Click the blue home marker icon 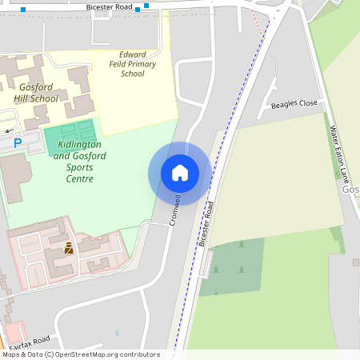tap(180, 173)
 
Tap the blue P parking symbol tap(18, 143)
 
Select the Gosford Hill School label tap(36, 93)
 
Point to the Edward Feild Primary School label tap(133, 64)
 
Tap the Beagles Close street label tap(294, 104)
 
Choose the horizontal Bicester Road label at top tap(110, 6)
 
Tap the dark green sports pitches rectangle tap(70, 136)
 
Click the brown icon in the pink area tap(69, 248)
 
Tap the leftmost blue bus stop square tap(23, 10)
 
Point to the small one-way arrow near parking tap(8, 130)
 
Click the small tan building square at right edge tap(355, 262)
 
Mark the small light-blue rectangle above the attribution tap(117, 333)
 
